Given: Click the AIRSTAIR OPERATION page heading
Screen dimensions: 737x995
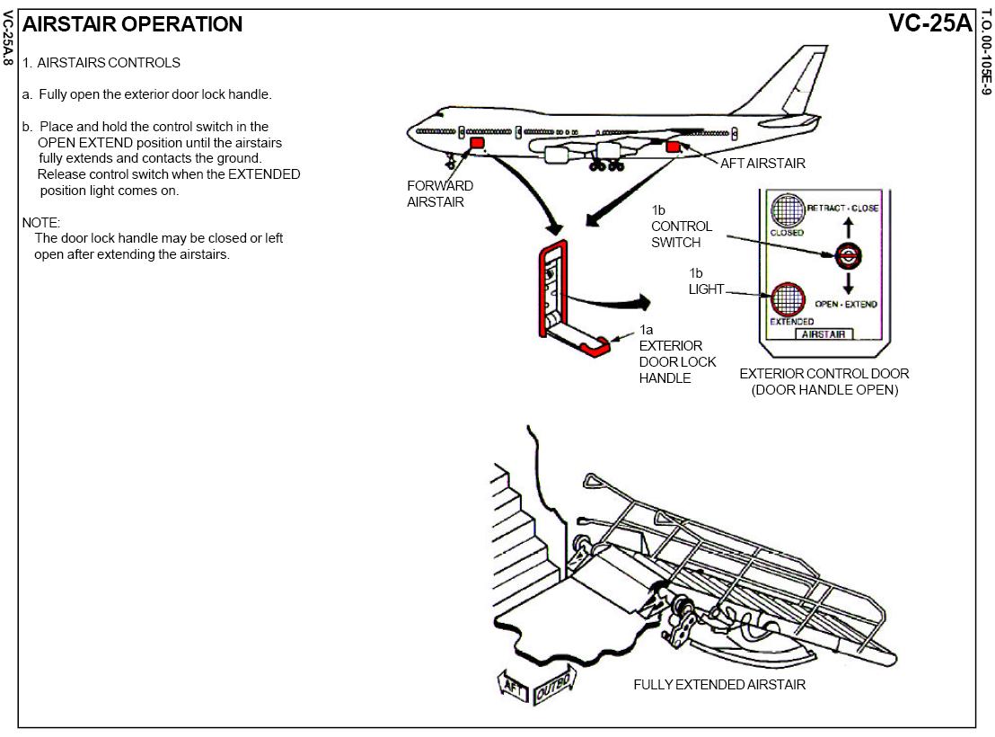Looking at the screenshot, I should point(132,24).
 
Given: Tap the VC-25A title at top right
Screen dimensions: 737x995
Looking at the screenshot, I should point(930,23).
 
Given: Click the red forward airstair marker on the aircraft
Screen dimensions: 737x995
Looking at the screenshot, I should point(477,142).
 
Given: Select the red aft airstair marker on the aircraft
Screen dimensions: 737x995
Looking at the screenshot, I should point(672,146).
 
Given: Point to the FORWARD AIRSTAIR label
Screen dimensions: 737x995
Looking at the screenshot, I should point(440,193).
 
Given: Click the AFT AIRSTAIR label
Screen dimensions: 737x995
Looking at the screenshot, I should point(762,164).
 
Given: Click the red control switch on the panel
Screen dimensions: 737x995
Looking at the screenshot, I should point(847,255).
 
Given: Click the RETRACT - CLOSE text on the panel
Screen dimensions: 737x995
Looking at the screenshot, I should point(842,208).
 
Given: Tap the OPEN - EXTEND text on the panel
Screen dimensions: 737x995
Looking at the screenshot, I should point(846,305).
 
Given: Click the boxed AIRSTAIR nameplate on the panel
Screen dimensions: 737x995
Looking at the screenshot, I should point(822,333).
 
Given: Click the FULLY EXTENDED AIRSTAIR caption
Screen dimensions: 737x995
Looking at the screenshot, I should point(719,685).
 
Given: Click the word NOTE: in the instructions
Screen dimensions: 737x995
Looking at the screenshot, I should point(40,222).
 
